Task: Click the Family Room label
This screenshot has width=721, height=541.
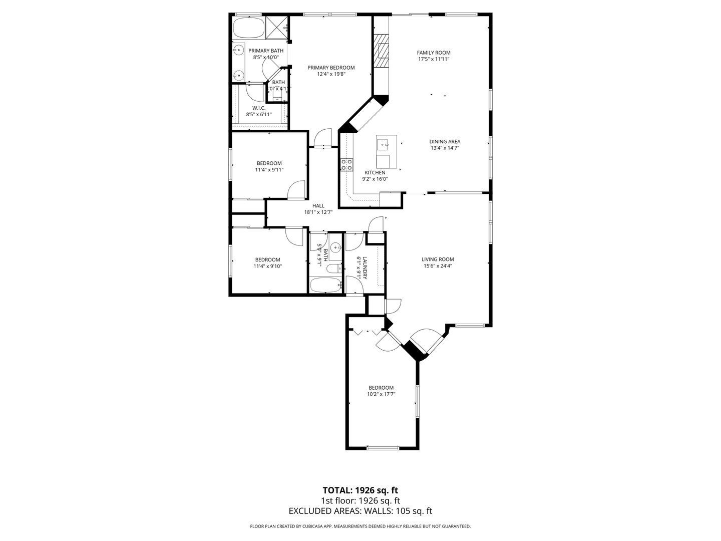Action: [x=434, y=53]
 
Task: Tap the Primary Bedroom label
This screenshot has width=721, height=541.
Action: [x=331, y=68]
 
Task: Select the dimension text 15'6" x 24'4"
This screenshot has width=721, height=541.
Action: [x=438, y=266]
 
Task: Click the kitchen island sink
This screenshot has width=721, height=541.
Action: [x=385, y=145]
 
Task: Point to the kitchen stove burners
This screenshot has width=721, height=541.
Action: [x=346, y=164]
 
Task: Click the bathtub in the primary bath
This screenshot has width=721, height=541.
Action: [x=248, y=28]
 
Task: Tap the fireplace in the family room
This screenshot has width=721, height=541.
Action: [x=383, y=51]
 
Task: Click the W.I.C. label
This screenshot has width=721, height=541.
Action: [x=259, y=108]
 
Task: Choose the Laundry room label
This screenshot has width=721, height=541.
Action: [x=365, y=268]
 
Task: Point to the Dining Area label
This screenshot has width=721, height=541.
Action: [x=445, y=142]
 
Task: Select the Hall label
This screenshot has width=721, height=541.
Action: [x=318, y=205]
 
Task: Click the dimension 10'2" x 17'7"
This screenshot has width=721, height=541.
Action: [x=381, y=394]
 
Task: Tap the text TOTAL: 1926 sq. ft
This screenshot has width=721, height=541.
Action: [x=360, y=490]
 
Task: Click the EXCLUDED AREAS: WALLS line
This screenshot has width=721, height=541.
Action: [x=360, y=511]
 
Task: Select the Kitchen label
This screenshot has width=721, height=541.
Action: [x=375, y=173]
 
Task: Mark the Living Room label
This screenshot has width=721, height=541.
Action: [x=438, y=259]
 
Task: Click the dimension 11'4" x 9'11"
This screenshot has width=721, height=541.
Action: [x=269, y=170]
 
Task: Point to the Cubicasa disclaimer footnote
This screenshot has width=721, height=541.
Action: [x=360, y=526]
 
